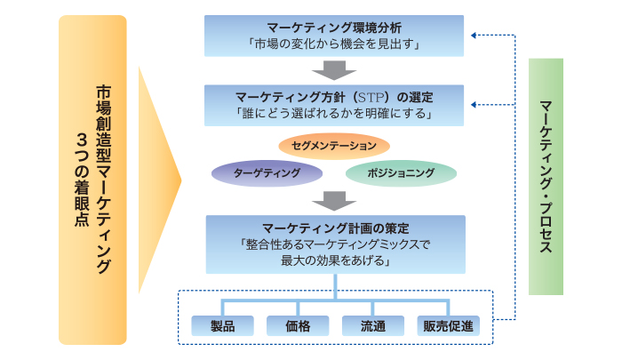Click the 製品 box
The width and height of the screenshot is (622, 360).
tap(222, 326)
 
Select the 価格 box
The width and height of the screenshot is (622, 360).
tap(298, 326)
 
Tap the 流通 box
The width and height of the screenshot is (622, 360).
tap(373, 326)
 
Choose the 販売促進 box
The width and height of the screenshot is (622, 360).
tap(448, 326)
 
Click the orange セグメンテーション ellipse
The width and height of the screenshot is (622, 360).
tap(334, 146)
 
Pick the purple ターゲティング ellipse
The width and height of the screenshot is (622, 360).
tap(267, 173)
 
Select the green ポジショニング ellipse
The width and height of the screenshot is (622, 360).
tap(401, 173)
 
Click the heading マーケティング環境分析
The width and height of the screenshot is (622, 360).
tap(334, 28)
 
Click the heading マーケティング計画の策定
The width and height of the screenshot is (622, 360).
tap(336, 228)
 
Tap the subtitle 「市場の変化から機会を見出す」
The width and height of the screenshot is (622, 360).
tap(334, 44)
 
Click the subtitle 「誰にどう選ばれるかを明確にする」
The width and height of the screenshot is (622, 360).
tap(334, 114)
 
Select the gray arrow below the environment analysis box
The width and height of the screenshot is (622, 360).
tap(334, 70)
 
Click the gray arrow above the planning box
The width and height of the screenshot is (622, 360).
tap(334, 201)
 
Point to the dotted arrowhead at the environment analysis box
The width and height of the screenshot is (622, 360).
tap(474, 36)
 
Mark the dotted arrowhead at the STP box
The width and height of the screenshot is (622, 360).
tap(474, 105)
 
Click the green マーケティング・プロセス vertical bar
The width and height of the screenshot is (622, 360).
tap(546, 177)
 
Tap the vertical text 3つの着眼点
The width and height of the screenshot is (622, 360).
tap(82, 180)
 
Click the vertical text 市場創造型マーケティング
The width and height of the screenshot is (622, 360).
tap(104, 180)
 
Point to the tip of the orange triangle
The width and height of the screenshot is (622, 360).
tap(181, 180)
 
